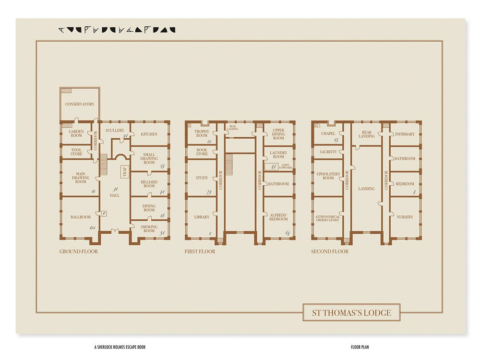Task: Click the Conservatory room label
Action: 80,104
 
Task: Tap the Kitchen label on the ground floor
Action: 149,134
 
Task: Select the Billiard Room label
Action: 149,184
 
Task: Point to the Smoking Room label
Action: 149,228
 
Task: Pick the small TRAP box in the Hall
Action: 124,172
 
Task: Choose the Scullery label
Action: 115,130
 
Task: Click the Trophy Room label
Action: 202,133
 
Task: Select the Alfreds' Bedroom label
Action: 278,216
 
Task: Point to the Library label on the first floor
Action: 202,217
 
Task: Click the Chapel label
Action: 328,134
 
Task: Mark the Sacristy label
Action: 328,152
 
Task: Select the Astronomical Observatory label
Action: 328,218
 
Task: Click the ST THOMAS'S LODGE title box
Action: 351,313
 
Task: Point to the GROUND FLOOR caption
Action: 78,252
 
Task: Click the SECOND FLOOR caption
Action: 329,252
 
